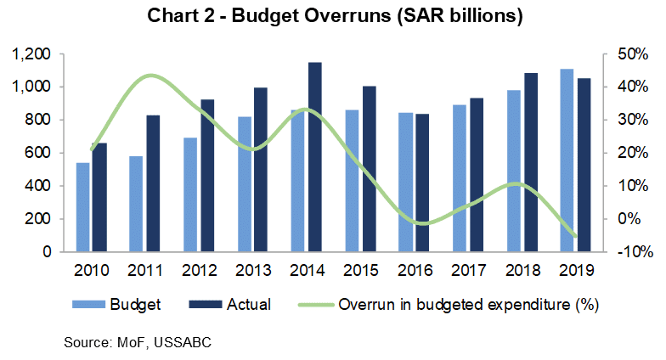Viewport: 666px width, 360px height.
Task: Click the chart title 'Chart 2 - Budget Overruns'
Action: point(332,15)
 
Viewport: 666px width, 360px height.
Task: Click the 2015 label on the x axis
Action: point(360,271)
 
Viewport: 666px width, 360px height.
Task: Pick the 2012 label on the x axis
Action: point(200,271)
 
